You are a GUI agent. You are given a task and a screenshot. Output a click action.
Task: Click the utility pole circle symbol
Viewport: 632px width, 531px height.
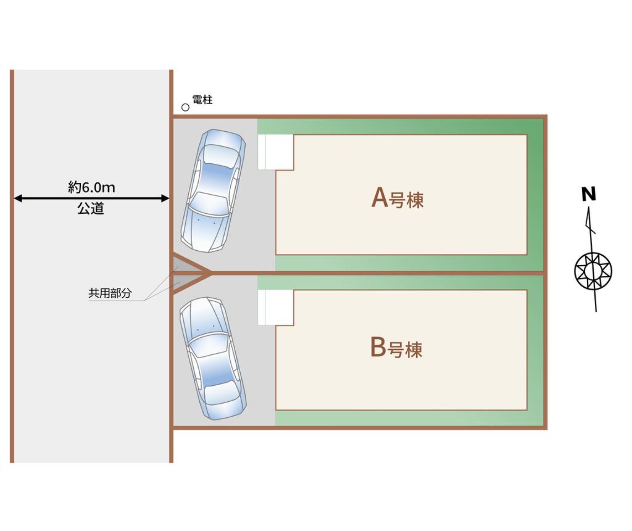pos(185,107)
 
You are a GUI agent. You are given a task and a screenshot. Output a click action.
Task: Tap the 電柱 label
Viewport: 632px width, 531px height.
pos(202,100)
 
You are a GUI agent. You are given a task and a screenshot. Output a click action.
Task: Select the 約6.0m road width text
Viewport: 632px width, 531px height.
pos(91,187)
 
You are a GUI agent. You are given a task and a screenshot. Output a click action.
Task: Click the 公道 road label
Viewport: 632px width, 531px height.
pos(91,208)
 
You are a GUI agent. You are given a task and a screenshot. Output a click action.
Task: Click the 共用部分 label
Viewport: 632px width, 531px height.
pos(110,293)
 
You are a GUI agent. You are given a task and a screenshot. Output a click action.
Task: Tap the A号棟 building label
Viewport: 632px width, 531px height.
pos(397,198)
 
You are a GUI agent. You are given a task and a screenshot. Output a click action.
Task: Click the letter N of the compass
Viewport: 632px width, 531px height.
pos(589,194)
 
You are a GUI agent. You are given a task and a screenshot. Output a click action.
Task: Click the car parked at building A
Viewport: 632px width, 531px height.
pos(213,191)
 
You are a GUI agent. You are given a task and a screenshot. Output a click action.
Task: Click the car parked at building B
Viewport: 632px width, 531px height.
pos(213,359)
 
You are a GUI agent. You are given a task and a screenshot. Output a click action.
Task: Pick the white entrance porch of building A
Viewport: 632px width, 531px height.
pos(276,152)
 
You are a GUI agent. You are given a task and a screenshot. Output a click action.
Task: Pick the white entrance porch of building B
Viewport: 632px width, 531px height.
pos(276,307)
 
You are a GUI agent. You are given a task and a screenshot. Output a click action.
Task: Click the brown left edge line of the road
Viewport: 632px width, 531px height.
pos(12,266)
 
